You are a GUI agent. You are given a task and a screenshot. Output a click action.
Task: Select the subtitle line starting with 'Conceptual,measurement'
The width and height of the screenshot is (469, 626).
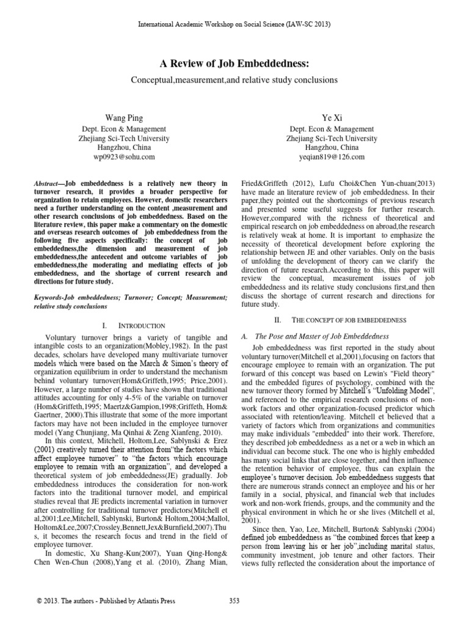234,80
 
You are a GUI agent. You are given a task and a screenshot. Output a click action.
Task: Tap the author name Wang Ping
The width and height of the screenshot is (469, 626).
125,116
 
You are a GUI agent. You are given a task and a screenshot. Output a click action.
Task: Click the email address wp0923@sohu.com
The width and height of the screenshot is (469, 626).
125,157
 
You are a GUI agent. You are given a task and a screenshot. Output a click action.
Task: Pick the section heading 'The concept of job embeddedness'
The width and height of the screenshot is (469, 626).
333,320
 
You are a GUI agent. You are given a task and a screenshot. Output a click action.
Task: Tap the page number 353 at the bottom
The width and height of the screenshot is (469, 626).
234,601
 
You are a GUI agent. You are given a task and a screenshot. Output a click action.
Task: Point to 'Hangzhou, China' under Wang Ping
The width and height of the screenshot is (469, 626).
125,148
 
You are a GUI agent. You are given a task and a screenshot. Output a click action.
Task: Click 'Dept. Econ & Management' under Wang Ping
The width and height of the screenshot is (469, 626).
125,130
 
